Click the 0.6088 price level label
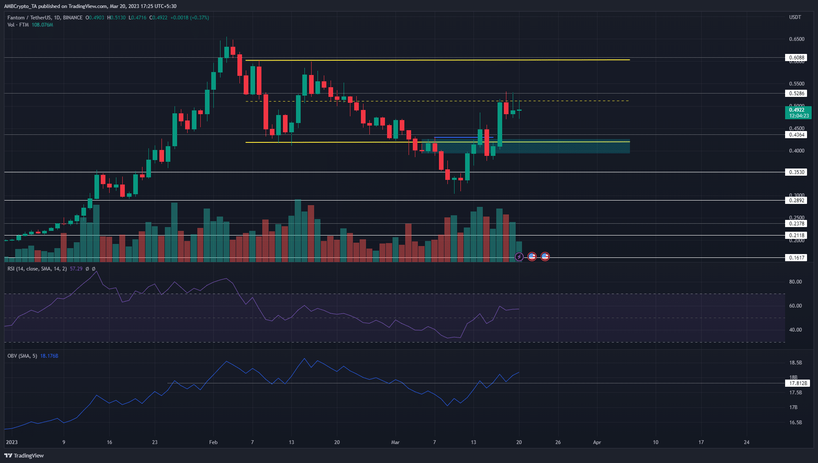pos(796,58)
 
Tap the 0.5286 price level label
pos(796,94)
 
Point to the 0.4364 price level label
pos(796,135)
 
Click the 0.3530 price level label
pos(796,172)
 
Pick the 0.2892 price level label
pos(796,201)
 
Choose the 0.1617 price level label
pos(796,257)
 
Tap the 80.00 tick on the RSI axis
pos(795,282)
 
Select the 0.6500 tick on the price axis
pos(796,39)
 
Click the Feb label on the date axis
pos(213,442)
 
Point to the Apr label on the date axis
pos(597,442)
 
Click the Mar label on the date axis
pos(395,442)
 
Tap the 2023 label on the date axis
pos(12,442)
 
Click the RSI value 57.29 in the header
pos(76,269)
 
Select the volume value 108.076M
pos(42,25)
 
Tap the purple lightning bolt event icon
pos(519,257)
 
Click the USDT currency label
pos(795,17)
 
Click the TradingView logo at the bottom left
pos(24,455)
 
